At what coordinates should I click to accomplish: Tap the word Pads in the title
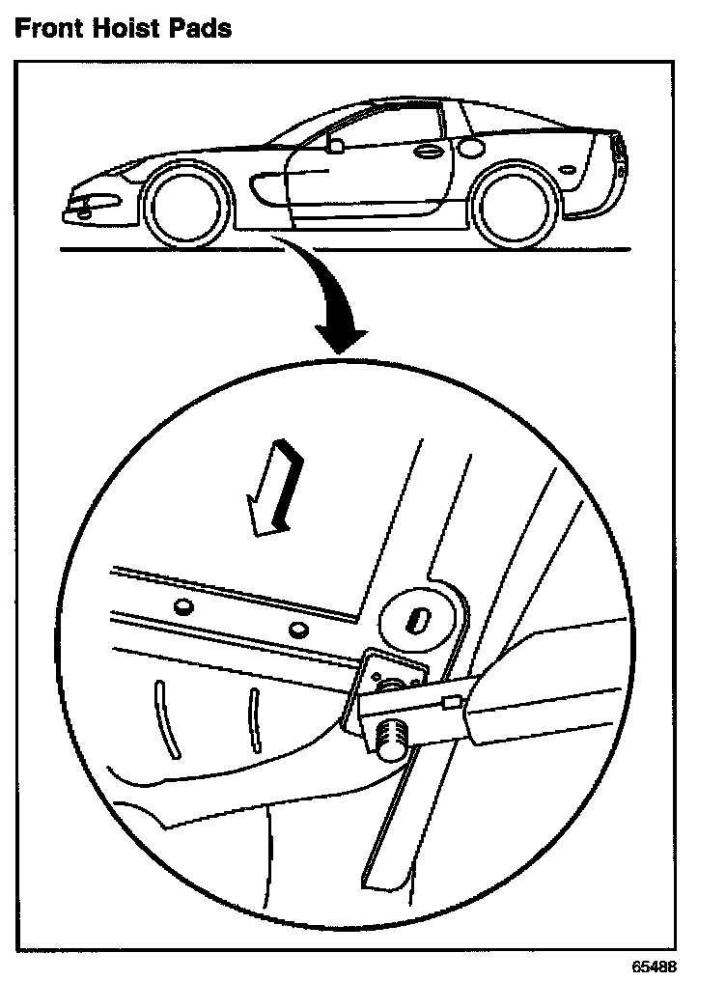198,29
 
